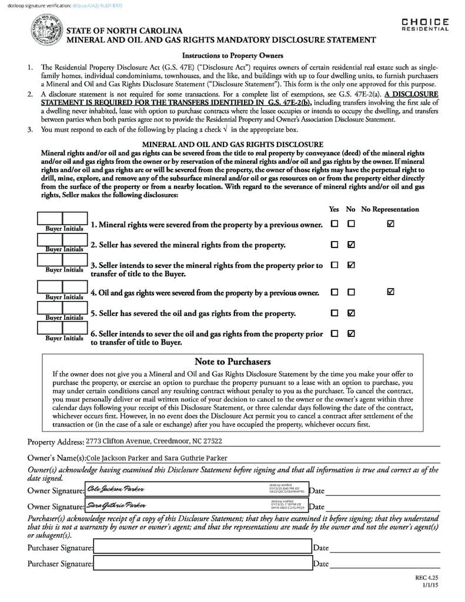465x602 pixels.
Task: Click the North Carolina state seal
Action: point(45,31)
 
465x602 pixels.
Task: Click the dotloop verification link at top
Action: point(96,6)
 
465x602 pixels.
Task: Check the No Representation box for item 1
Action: point(391,224)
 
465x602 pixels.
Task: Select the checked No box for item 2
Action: point(351,245)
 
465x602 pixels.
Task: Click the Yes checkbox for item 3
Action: point(334,265)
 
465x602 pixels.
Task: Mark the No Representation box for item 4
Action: point(391,292)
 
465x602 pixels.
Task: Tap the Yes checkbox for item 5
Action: point(334,313)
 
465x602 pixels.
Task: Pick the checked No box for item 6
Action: point(351,333)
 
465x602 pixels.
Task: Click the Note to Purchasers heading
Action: point(232,362)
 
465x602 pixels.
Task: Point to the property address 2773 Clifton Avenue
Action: point(154,441)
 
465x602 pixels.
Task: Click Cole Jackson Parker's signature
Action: point(115,489)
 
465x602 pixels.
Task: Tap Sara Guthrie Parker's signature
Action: point(116,505)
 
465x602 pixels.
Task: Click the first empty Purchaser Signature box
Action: point(202,547)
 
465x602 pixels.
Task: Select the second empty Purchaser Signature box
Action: point(202,563)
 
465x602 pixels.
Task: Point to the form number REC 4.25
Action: point(427,578)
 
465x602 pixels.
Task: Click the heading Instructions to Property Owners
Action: point(232,56)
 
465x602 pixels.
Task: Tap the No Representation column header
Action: point(390,209)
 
